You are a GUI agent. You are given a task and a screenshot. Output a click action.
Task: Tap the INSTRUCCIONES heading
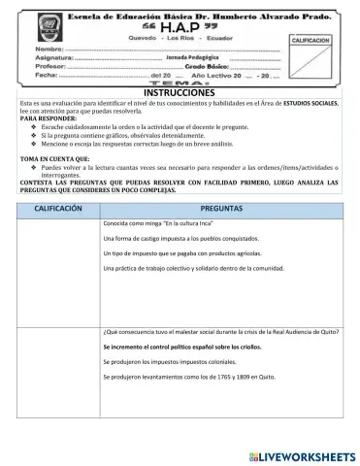[180, 92]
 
